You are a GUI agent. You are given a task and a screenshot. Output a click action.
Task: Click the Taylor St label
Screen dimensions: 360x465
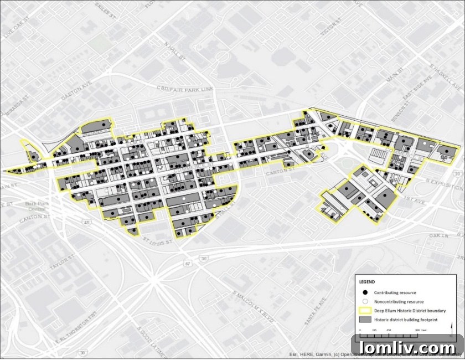[63, 265]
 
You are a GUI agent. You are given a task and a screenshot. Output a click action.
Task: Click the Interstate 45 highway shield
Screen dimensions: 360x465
[87, 223]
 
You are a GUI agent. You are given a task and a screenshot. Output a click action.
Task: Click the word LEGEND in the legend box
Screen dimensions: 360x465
[367, 281]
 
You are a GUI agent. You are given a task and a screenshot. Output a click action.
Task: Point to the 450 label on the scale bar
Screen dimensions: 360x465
[389, 330]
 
